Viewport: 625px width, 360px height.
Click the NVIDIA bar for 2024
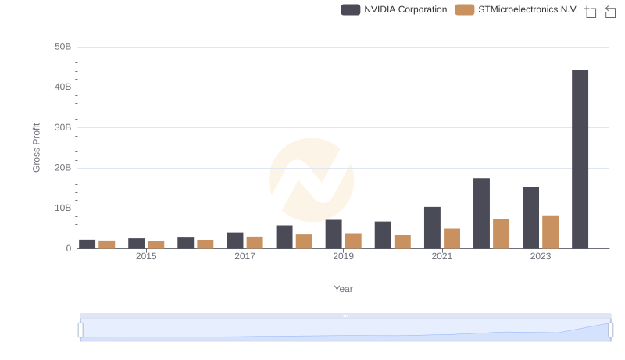pos(580,159)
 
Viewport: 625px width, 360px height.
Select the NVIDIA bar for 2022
pos(481,213)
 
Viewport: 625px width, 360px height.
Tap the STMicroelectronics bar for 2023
pos(550,232)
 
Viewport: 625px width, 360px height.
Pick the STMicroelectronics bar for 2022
pos(501,233)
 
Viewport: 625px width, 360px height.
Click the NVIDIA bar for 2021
pos(432,227)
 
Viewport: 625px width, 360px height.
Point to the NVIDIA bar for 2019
pos(334,234)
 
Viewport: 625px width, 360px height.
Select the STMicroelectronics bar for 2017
pos(255,242)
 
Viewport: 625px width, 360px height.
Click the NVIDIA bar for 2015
pos(137,243)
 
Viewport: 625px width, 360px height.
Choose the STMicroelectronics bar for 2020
pos(402,241)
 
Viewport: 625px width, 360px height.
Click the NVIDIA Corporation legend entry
pos(395,9)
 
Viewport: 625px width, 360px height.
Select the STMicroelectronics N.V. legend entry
pos(516,9)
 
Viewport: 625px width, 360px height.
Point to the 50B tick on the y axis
pos(62,47)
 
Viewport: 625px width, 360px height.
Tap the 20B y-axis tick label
pos(62,168)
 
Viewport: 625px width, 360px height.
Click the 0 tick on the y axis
pos(68,248)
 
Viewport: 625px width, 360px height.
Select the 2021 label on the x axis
pos(442,256)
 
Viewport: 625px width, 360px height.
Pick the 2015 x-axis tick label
pos(146,256)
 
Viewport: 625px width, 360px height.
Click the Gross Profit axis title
pos(36,148)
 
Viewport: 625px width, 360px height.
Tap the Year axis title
pos(344,289)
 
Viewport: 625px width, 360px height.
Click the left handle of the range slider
pos(80,330)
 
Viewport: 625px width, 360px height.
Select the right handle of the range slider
pos(610,330)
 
